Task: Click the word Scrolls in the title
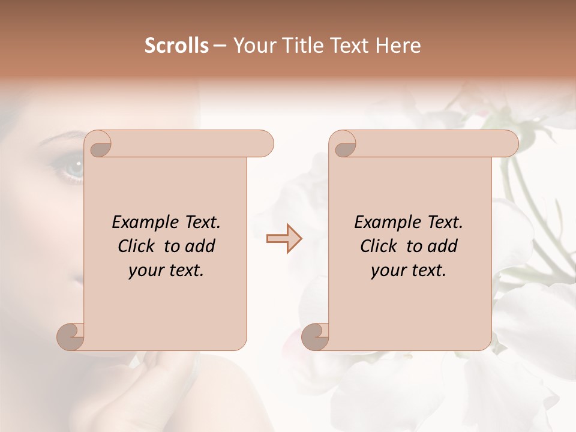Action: tap(176, 46)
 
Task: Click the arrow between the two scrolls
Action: tap(284, 239)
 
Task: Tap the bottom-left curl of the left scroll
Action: tap(71, 336)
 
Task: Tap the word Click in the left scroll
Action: tap(137, 246)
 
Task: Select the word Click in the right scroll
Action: tap(379, 246)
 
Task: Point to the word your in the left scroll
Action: tap(145, 270)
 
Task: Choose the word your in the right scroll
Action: tap(388, 270)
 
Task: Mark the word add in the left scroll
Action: tap(200, 246)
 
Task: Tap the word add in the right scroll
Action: tap(443, 246)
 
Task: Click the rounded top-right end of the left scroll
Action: tap(264, 144)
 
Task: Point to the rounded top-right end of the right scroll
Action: tap(509, 144)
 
